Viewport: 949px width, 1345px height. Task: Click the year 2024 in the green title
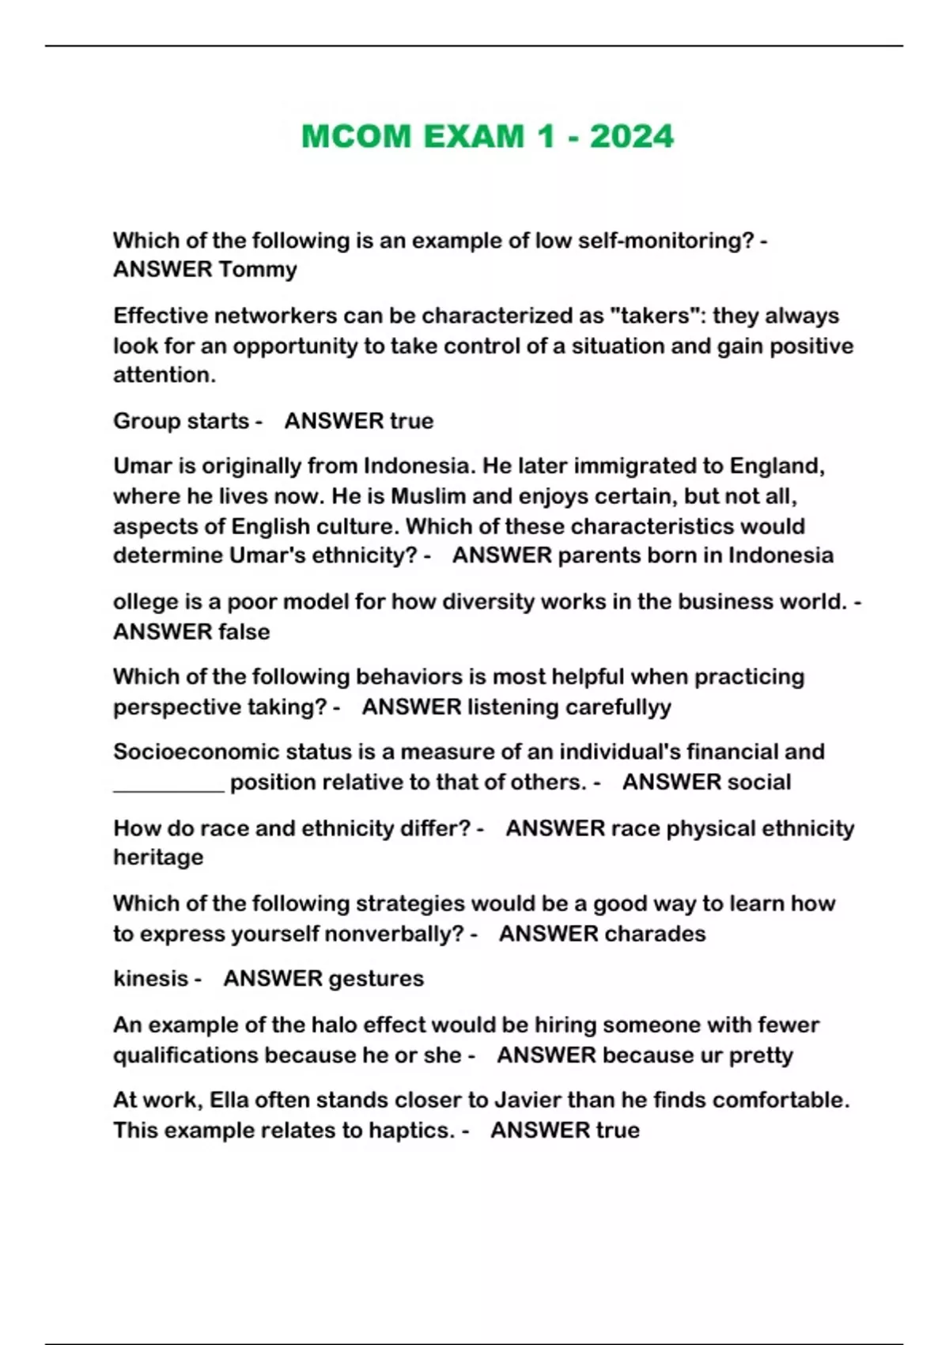point(632,137)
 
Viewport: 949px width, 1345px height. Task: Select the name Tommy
point(258,270)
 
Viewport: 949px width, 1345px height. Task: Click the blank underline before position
point(168,783)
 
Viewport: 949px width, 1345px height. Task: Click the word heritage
point(158,858)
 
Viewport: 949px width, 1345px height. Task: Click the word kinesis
point(150,979)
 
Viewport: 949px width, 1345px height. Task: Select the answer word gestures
point(374,979)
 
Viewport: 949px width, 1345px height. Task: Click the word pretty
point(760,1055)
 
